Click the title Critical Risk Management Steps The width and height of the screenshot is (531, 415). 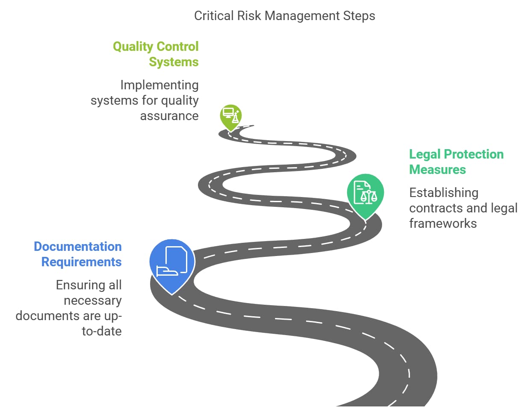(x=284, y=16)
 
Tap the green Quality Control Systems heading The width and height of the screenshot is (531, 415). (x=156, y=54)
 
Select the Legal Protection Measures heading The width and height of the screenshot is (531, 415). (x=456, y=162)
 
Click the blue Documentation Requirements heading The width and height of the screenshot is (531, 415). (x=78, y=254)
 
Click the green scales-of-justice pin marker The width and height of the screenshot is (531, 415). (x=365, y=194)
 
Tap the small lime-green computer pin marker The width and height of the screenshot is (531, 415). (x=230, y=115)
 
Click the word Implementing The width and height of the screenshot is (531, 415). (x=159, y=85)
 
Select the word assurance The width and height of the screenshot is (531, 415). (x=169, y=116)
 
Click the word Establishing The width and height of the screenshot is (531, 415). (x=443, y=193)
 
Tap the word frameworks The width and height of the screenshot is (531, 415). (x=442, y=224)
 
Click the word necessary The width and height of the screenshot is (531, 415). (x=92, y=300)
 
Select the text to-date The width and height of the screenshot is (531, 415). (x=101, y=331)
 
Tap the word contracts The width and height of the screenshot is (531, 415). (x=436, y=208)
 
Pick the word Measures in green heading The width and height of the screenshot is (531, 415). (x=437, y=170)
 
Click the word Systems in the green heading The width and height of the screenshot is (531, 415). (x=174, y=62)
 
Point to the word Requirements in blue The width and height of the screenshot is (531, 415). (x=81, y=262)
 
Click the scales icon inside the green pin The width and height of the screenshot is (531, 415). (x=369, y=197)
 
